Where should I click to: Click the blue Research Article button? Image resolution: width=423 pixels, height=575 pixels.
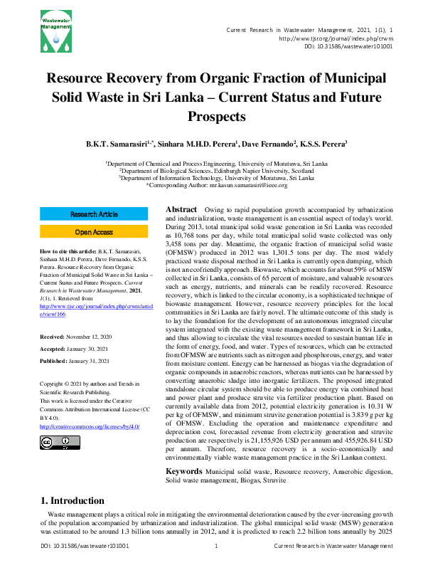click(93, 214)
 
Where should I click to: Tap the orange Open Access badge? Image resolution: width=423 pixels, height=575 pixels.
click(93, 232)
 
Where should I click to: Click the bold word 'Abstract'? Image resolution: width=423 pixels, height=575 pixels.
click(181, 210)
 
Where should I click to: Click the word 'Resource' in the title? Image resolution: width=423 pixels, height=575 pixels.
click(80, 78)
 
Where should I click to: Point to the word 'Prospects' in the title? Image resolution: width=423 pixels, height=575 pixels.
click(216, 115)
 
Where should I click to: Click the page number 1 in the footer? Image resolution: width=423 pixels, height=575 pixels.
click(215, 566)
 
